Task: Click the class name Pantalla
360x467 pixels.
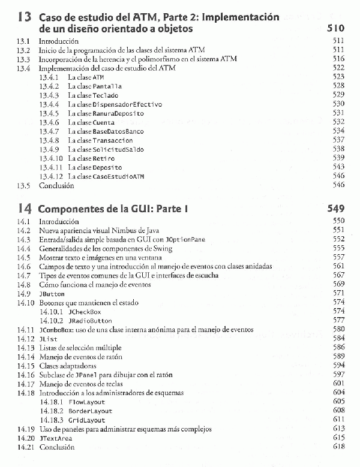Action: click(x=108, y=86)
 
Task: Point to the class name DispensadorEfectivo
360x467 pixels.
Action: click(x=127, y=104)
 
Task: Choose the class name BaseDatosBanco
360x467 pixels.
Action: click(x=118, y=131)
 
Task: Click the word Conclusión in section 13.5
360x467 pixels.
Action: click(x=56, y=186)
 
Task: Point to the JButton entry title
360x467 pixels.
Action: click(x=51, y=294)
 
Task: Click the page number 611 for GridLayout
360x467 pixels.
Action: click(x=338, y=420)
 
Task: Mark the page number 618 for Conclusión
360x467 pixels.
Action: click(x=338, y=447)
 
